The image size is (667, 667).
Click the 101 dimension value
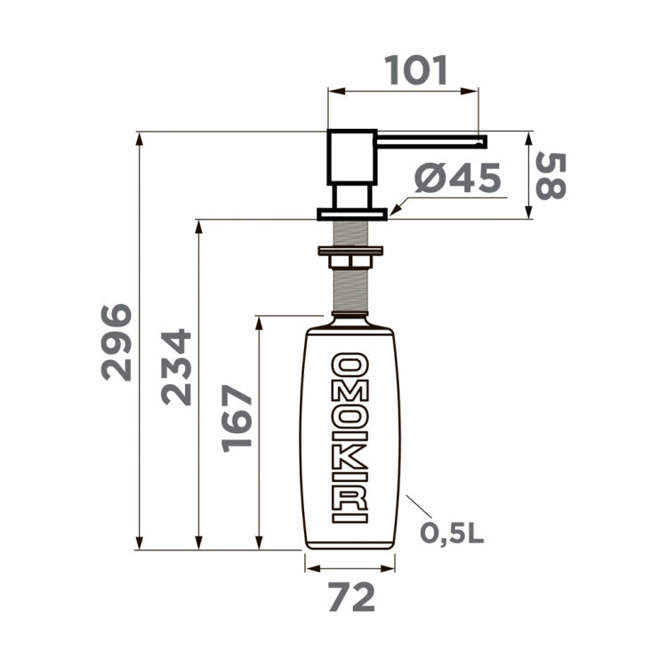tap(415, 71)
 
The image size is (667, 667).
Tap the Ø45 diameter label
tap(458, 179)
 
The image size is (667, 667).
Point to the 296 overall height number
tap(117, 342)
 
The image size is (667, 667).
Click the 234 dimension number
tap(176, 366)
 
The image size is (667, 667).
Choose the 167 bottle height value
tap(237, 418)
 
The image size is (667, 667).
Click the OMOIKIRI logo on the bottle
tap(350, 437)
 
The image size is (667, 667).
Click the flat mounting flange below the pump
tap(353, 213)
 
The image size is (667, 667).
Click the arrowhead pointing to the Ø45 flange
tap(394, 211)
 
